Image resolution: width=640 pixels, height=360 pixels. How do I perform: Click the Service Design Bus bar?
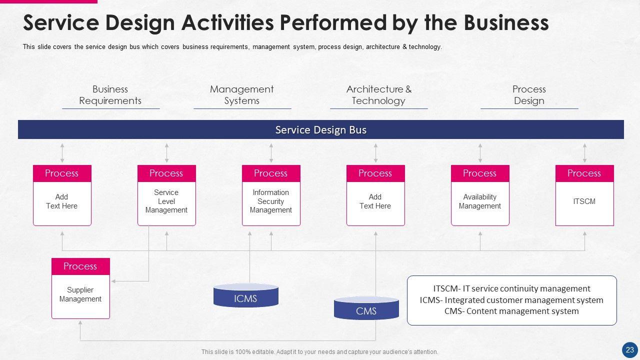[x=320, y=129]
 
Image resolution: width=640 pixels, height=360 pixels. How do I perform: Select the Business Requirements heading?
[x=110, y=95]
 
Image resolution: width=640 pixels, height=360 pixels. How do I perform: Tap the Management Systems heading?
[x=242, y=95]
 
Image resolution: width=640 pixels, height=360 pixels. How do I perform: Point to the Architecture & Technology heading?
[x=378, y=95]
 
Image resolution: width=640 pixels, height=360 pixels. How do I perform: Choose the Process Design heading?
[x=529, y=95]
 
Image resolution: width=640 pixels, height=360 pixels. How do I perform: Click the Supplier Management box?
[x=80, y=295]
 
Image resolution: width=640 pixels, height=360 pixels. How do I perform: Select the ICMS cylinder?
[x=245, y=295]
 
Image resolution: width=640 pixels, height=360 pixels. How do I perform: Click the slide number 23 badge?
[x=629, y=349]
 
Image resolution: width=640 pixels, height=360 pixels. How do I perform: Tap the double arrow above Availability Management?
[x=480, y=152]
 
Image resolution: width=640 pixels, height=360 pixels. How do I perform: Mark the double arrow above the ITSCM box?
[x=584, y=152]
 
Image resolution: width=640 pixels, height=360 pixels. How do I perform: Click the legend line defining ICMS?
[x=511, y=300]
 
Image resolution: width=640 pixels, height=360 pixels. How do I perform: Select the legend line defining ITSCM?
[x=511, y=288]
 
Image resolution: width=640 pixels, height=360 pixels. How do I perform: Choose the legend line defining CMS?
[x=511, y=311]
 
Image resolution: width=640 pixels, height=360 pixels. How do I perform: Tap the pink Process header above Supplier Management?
[x=80, y=266]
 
